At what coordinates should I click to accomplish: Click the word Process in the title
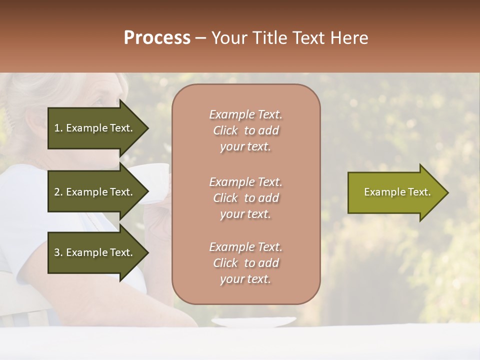(157, 38)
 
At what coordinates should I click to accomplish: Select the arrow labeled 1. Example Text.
(95, 128)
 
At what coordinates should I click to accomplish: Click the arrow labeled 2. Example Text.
(95, 192)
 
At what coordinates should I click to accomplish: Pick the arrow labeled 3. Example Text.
(95, 252)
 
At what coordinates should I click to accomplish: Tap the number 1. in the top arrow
(58, 128)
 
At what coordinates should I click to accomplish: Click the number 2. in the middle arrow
(58, 192)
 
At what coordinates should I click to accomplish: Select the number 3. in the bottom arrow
(58, 252)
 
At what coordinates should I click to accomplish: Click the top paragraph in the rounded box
(245, 130)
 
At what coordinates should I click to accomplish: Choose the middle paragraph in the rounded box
(245, 198)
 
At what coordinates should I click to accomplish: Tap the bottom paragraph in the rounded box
(245, 263)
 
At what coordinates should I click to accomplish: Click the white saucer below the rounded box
(253, 322)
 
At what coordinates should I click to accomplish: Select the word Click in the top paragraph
(225, 130)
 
